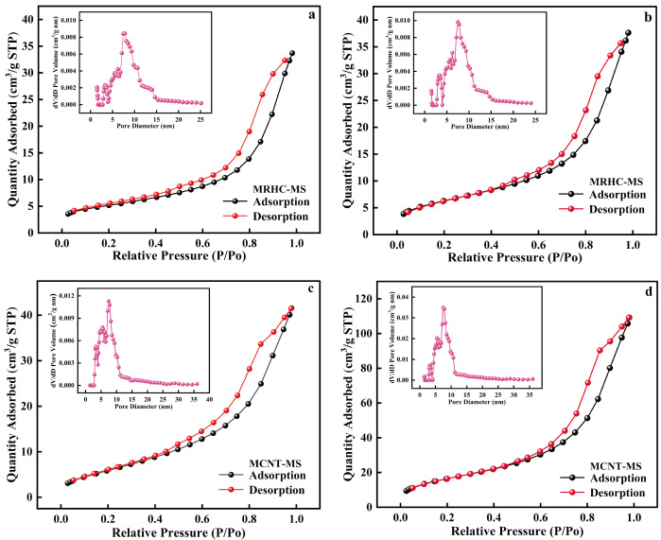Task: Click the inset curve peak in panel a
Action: click(124, 33)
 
